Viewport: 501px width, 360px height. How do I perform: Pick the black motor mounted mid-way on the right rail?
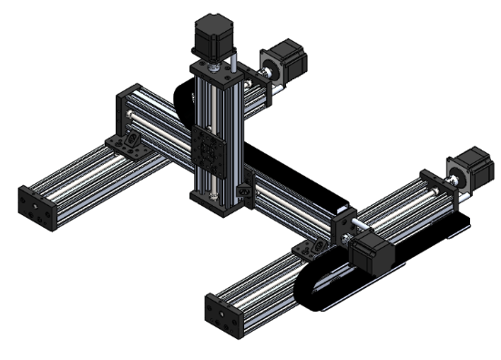click(373, 248)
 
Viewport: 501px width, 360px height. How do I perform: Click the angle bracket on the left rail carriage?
click(126, 146)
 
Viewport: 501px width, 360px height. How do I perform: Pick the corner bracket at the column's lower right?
click(244, 193)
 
